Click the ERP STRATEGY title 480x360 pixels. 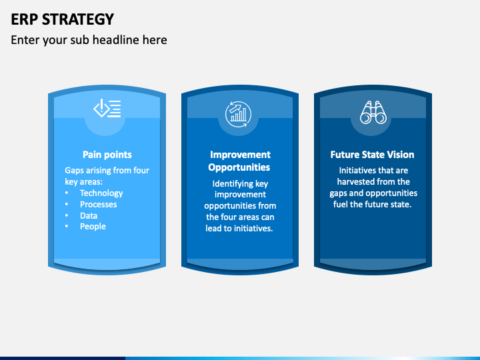point(63,19)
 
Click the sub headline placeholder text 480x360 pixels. point(89,40)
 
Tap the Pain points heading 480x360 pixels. point(107,155)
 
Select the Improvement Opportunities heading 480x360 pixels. point(240,161)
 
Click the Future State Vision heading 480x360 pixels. point(372,155)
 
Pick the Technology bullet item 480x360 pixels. point(101,193)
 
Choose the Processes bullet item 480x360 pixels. point(98,205)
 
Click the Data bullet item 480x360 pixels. point(89,216)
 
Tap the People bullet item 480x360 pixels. point(93,227)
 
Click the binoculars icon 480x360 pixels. point(373,113)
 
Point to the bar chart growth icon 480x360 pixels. point(239,114)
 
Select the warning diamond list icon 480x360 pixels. point(107,108)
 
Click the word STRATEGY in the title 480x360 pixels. point(78,19)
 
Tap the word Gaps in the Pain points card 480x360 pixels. point(73,171)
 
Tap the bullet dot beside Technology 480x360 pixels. point(67,193)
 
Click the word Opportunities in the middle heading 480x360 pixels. point(239,167)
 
